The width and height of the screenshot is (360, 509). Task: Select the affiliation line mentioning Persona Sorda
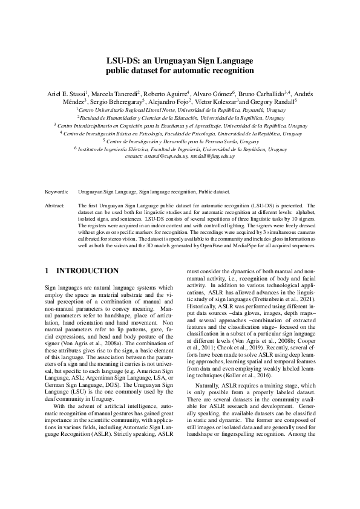(x=180, y=141)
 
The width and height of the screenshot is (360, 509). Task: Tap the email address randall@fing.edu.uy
(x=212, y=156)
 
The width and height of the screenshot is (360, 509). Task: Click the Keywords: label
(x=57, y=192)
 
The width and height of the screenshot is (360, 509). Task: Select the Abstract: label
(x=56, y=206)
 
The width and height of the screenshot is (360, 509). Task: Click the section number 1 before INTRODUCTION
(x=48, y=270)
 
